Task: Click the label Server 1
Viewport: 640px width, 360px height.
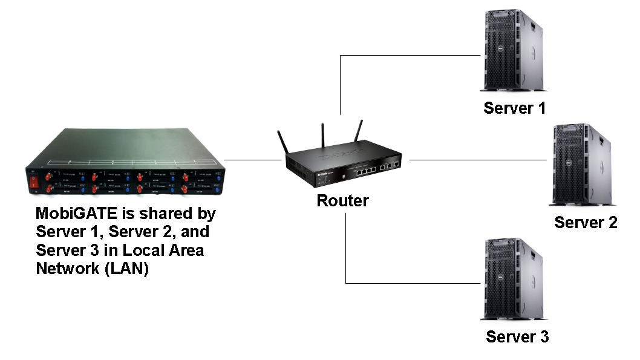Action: coord(514,108)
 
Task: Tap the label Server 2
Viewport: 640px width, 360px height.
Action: coord(586,222)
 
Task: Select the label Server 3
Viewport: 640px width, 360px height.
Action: coord(517,336)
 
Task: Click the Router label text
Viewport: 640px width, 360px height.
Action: coord(342,200)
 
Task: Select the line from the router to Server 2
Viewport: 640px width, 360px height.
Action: coord(478,160)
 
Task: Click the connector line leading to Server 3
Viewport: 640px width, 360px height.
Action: coord(411,283)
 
